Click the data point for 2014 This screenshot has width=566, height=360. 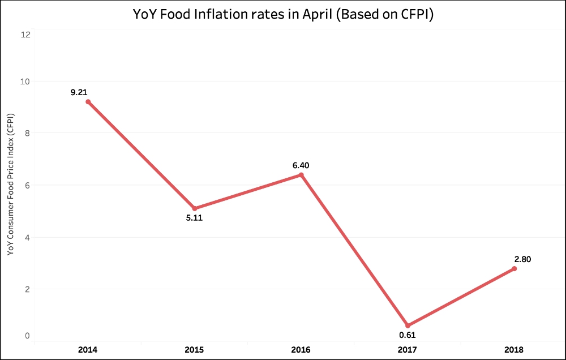coord(88,102)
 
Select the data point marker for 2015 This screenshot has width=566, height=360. coord(195,208)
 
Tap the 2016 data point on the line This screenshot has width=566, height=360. coord(301,175)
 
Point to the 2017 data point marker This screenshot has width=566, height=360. coord(408,325)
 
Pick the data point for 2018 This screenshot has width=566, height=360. coord(514,268)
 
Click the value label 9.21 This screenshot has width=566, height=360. coord(79,92)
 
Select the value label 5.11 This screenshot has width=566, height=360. coord(194,218)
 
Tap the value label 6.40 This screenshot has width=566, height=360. coord(301,165)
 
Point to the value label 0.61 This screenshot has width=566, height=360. coord(408,335)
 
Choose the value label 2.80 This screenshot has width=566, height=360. coord(521,259)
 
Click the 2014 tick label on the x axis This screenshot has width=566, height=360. coord(88,350)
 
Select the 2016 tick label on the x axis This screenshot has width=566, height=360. coord(301,350)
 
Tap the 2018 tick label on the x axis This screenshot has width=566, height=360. coord(514,350)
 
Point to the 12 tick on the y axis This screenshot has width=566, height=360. coord(25,34)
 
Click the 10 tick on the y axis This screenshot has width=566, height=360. coord(25,81)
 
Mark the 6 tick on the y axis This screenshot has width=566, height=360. coord(27,185)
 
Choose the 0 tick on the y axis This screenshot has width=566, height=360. coord(27,336)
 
